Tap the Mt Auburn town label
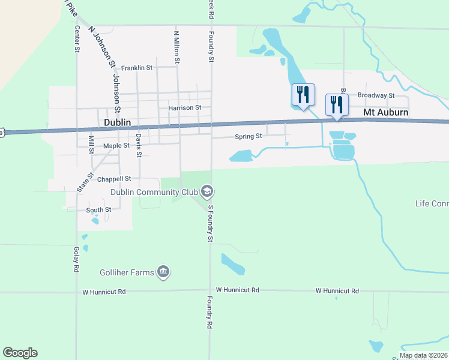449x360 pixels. (386, 112)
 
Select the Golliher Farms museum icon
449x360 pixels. (163, 272)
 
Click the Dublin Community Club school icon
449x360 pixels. (207, 192)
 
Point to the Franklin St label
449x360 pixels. (137, 68)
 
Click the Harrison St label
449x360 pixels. (184, 107)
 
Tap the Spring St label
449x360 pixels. (248, 136)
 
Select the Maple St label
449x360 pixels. (116, 146)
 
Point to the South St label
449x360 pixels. (98, 210)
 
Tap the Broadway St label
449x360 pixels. (375, 95)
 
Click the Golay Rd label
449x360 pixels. (77, 260)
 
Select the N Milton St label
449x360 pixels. (177, 47)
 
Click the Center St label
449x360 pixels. (77, 38)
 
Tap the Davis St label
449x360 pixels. (138, 145)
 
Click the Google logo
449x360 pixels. (20, 353)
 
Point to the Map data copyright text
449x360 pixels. (423, 356)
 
